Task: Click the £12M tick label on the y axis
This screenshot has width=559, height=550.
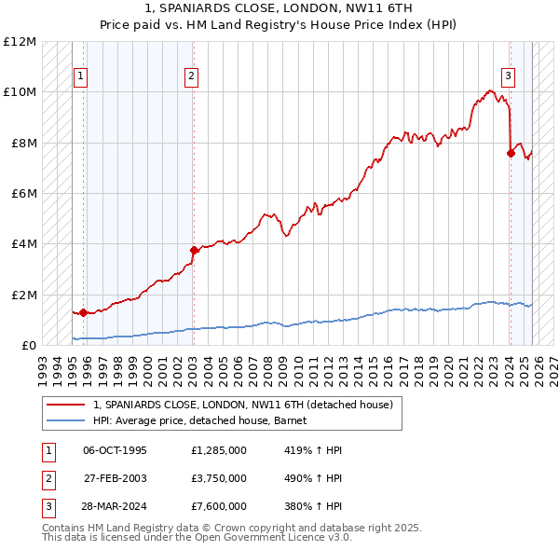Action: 20,42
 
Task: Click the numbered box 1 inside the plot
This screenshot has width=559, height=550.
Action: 81,76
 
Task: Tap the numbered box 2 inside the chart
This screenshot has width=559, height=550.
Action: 191,76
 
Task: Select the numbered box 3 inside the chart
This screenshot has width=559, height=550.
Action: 509,76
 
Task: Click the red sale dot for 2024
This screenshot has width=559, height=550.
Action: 511,153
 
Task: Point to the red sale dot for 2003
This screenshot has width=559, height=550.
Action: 194,250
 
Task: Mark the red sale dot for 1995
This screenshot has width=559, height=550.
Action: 83,312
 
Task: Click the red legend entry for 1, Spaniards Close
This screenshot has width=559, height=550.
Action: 242,405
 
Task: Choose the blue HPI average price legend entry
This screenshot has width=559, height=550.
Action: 206,420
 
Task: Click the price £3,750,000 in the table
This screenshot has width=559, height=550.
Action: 219,478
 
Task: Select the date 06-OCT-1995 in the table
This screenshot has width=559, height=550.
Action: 115,450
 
